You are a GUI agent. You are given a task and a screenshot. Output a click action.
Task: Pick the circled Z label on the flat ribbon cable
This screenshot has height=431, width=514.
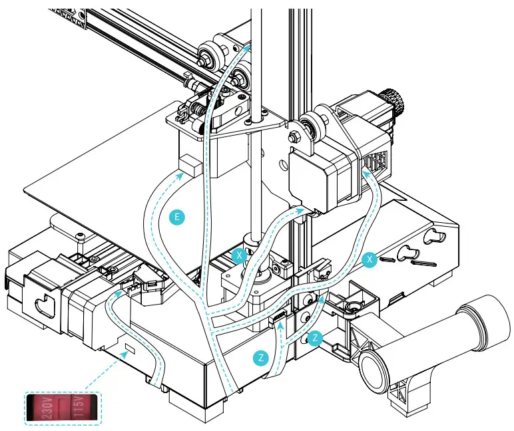click(x=262, y=358)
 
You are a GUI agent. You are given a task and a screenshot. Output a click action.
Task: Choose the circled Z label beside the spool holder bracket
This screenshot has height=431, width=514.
click(x=316, y=338)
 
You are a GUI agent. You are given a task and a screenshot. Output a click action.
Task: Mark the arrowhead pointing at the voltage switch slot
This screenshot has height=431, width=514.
click(x=122, y=355)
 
